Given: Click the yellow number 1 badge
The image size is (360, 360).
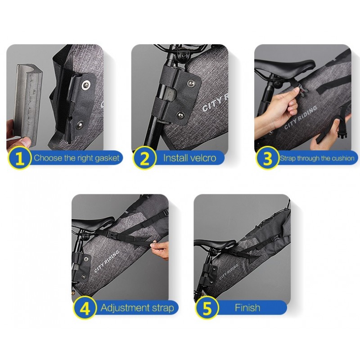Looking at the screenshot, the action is pos(19,158).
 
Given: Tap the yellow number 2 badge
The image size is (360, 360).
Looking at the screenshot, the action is pos(144,158).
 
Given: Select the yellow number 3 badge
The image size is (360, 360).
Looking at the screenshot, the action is pos(267,158).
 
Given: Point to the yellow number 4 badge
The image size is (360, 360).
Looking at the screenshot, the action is pos(85,308).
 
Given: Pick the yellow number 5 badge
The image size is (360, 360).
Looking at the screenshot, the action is pos(207,308).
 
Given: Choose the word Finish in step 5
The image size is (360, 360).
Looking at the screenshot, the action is pos(247,308).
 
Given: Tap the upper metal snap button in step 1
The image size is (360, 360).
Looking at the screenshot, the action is pos(86,85).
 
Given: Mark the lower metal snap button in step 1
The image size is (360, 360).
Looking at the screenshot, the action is pos(80,125).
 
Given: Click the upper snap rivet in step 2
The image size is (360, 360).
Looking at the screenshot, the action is pos(191,84).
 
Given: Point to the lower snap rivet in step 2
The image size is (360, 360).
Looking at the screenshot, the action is pos(181,115).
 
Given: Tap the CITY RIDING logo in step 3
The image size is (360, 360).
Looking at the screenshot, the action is pos(301,117).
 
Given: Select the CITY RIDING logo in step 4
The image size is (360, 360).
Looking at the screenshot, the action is pos(107,261).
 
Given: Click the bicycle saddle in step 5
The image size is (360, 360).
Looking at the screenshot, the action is pos(215,244).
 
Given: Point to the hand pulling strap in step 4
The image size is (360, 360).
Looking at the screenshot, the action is pos(161,250).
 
